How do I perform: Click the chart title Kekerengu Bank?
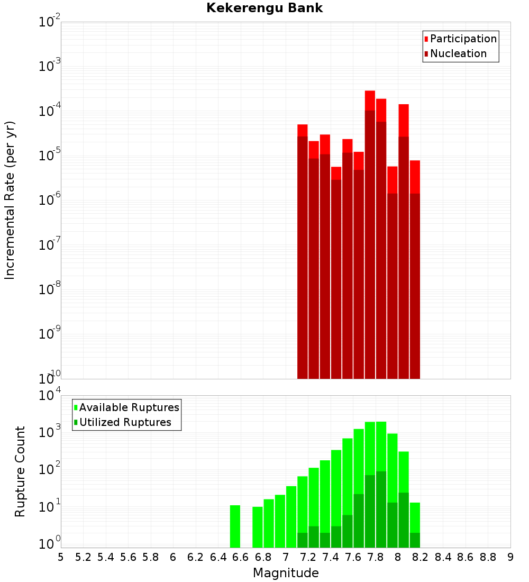coord(264,8)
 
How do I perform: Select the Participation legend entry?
coord(463,39)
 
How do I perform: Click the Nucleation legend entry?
coord(458,53)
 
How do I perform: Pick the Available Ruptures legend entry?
coord(129,407)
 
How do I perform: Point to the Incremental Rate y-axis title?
coord(10,201)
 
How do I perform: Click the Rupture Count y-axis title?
coord(20,471)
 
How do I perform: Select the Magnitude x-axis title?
coord(286,573)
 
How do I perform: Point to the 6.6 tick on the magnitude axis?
coord(241,557)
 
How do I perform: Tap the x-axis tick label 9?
coord(510,557)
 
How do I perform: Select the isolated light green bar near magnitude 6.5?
coord(235,526)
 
